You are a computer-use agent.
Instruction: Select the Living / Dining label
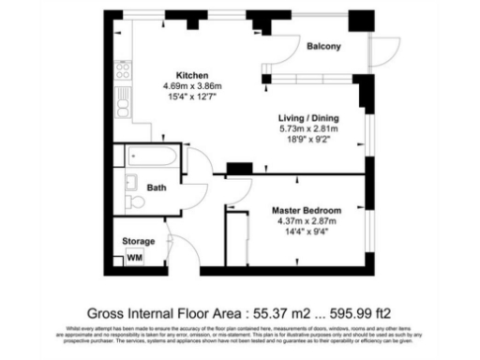308,117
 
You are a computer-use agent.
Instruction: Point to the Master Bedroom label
307,209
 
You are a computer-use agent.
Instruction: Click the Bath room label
156,187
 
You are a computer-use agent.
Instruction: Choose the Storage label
139,241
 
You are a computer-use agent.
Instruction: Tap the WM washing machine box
134,257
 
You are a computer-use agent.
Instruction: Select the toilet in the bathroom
133,202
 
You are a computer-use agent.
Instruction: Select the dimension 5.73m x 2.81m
308,128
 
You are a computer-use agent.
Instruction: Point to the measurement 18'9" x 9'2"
308,140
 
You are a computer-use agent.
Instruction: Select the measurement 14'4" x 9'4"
307,232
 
